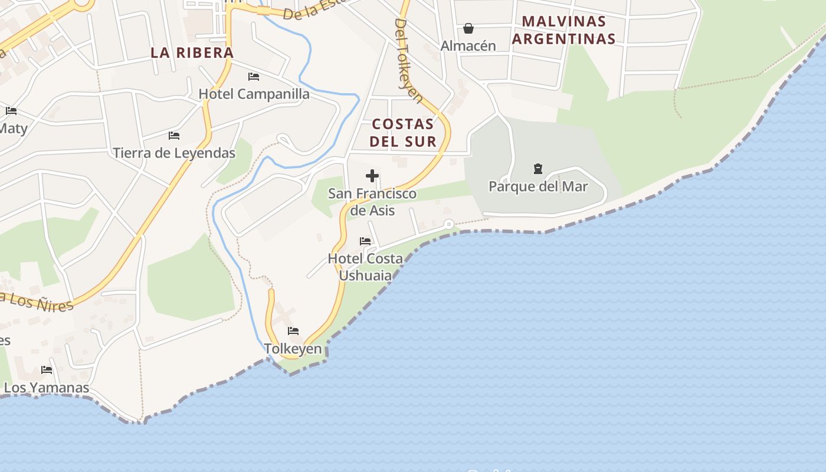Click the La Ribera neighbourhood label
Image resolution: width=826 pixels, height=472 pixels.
click(x=192, y=53)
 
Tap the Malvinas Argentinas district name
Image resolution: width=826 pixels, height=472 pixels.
click(x=563, y=30)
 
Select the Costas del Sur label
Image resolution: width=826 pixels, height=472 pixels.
click(x=403, y=133)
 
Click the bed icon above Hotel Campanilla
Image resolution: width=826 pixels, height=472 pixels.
click(x=254, y=77)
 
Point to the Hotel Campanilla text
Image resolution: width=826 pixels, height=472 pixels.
click(x=254, y=94)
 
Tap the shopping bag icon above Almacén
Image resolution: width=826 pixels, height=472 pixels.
click(x=468, y=28)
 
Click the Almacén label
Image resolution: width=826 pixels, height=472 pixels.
click(x=468, y=45)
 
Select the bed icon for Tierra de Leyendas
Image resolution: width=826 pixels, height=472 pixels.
click(x=174, y=136)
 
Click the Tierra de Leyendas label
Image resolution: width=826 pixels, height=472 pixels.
click(x=174, y=153)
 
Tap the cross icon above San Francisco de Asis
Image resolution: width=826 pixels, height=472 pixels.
click(x=372, y=176)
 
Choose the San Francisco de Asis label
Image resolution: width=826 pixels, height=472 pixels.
click(x=372, y=202)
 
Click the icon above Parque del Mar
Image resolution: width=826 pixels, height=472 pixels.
click(x=538, y=169)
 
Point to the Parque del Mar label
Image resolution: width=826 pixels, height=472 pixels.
click(x=538, y=187)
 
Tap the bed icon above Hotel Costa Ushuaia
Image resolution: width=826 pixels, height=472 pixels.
click(x=365, y=241)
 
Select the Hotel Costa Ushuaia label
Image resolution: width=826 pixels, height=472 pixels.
click(x=365, y=267)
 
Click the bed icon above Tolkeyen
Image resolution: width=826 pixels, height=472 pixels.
click(x=293, y=331)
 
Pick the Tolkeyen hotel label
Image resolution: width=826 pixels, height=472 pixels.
click(x=293, y=349)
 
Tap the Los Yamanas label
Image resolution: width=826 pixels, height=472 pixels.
click(x=47, y=388)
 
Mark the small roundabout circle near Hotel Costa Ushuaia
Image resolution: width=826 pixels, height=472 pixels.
click(x=449, y=224)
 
